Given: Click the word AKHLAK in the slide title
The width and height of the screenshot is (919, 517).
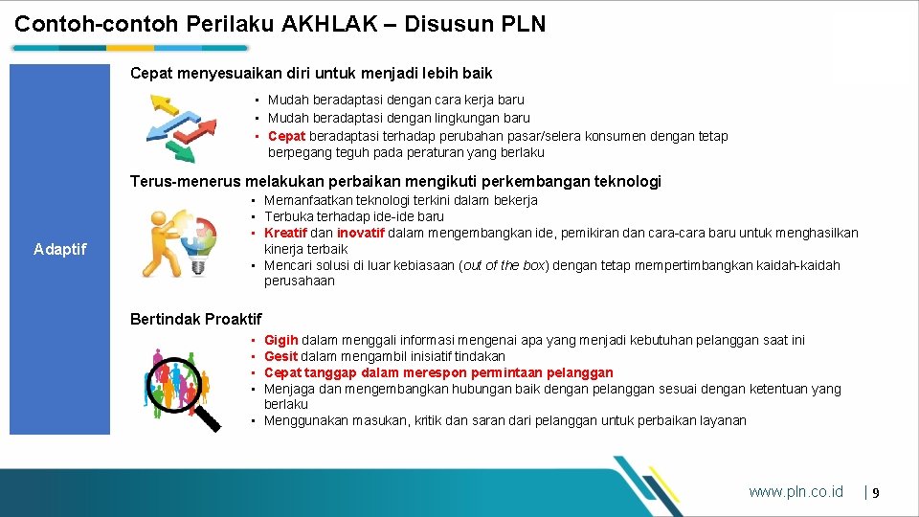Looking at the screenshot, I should tap(336, 24).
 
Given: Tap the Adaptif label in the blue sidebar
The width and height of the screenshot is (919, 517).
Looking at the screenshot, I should tap(59, 249).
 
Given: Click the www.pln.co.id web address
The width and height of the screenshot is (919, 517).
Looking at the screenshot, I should tap(796, 491).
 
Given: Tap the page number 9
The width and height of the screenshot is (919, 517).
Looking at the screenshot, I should tap(875, 492).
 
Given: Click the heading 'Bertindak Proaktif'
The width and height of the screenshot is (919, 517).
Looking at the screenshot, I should tap(195, 319).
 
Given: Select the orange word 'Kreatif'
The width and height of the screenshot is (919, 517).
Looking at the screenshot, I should tap(285, 233).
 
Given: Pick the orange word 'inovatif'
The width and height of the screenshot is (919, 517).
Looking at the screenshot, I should tap(360, 233).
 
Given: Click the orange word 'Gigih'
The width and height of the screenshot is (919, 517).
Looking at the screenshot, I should tap(281, 340).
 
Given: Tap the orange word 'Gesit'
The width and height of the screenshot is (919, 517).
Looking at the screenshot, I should tap(281, 356).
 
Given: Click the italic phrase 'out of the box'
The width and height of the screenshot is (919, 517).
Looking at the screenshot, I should tap(504, 265).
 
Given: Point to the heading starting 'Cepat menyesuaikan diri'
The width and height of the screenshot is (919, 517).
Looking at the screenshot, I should tap(311, 73).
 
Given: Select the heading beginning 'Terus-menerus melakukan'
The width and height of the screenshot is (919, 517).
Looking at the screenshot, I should tap(395, 181).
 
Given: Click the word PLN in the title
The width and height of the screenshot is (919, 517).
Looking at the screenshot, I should tap(524, 24).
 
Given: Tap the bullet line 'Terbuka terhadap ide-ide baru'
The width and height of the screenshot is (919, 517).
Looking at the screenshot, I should tap(354, 216).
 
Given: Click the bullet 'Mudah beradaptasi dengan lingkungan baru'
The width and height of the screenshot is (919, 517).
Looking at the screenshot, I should tap(398, 118).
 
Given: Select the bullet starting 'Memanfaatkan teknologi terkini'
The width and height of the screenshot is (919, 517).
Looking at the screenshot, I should tap(400, 200).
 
